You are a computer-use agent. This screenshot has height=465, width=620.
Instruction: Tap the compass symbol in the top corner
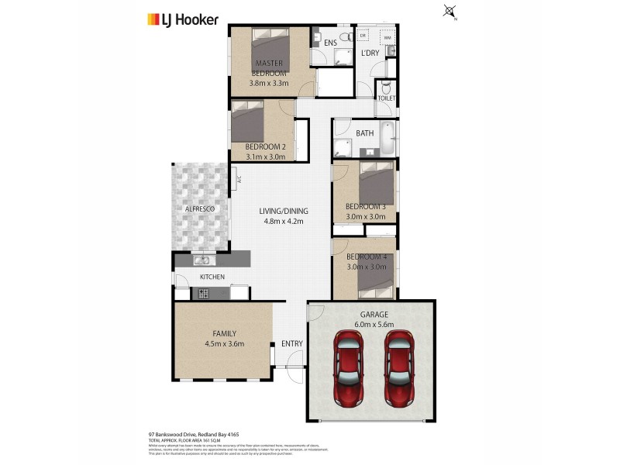pos(449,12)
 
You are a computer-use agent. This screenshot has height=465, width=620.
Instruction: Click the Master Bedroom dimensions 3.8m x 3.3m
pos(269,83)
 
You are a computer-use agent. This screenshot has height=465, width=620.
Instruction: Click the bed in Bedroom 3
pos(378,185)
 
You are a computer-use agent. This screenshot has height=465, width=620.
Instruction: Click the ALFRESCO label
pos(199,209)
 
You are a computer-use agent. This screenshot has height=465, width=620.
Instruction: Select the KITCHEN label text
pos(212,277)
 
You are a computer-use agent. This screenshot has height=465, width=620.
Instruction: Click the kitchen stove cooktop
pos(205,293)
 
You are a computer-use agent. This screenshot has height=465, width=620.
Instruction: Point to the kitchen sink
pos(203,260)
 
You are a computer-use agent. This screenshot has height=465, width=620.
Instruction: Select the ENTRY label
pos(292,343)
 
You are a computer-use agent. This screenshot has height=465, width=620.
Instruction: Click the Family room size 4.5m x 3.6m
pos(225,343)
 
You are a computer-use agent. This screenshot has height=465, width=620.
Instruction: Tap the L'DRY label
pos(371,53)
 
